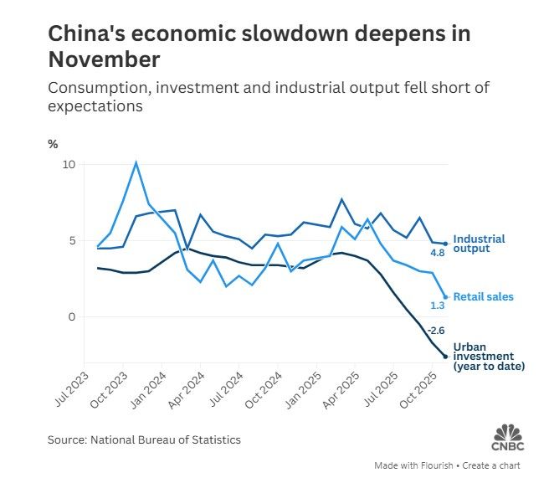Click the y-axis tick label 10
pos(69,164)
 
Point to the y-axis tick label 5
pos(72,241)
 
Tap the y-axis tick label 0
pos(72,317)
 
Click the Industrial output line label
pos(478,244)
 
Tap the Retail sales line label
pos(484,296)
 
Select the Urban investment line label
pos(488,357)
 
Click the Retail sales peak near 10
pos(136,162)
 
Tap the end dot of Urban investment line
pos(445,357)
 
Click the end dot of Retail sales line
pos(445,296)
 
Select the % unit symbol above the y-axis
pos(53,144)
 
